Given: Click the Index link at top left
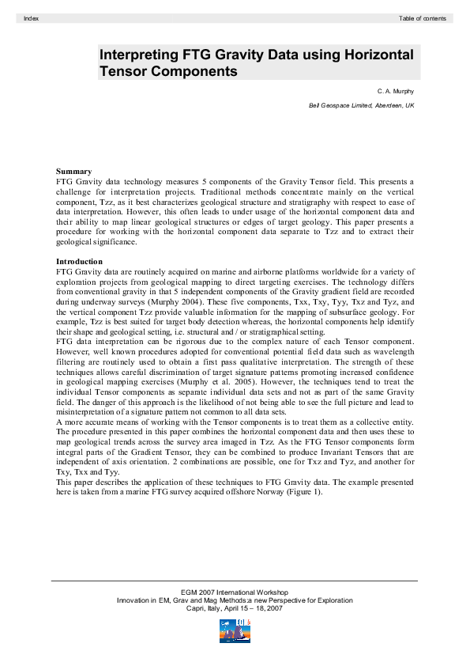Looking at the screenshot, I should (32, 17).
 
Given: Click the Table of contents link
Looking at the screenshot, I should (423, 17).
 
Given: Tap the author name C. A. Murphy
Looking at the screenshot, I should (396, 92).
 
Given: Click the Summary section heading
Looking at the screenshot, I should (73, 172).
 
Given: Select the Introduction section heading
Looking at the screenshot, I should (79, 261).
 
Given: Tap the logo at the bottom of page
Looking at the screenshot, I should (235, 631).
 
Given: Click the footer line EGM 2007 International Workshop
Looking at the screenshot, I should (235, 592).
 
